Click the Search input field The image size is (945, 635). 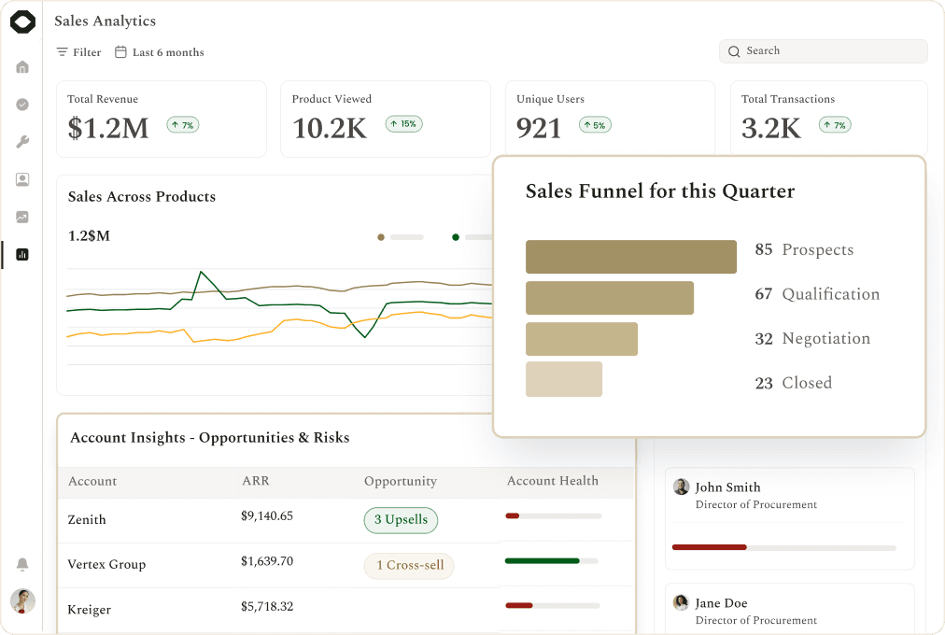click(823, 51)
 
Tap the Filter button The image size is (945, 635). click(79, 52)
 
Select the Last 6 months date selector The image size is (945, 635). click(160, 52)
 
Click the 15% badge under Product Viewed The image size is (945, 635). click(403, 124)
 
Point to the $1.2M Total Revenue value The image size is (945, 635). click(108, 128)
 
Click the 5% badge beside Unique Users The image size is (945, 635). click(595, 125)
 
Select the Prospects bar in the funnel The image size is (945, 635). click(631, 257)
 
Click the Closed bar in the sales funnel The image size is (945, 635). click(564, 379)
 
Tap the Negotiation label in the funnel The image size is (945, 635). click(826, 339)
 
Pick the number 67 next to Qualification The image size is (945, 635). click(764, 294)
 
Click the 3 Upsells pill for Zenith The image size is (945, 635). click(401, 520)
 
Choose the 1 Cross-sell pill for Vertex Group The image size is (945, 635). click(409, 566)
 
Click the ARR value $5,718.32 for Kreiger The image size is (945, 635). click(267, 606)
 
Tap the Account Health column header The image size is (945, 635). click(553, 481)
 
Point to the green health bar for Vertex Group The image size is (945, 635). click(543, 561)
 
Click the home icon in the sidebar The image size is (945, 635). click(22, 67)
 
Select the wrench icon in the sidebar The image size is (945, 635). click(22, 142)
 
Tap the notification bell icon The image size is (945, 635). click(22, 564)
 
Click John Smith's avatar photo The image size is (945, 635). click(681, 487)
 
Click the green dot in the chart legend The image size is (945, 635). click(456, 237)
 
